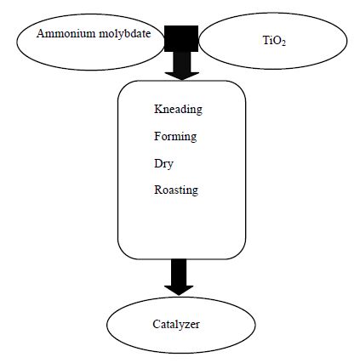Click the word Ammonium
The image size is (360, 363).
click(66, 34)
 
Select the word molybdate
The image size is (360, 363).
click(125, 34)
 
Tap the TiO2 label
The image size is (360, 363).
click(274, 41)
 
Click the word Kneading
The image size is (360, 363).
click(178, 110)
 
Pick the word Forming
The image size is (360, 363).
click(175, 137)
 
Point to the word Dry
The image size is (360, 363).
click(163, 164)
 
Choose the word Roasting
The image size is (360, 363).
click(176, 190)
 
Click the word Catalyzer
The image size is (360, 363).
click(176, 324)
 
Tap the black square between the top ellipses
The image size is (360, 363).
click(181, 38)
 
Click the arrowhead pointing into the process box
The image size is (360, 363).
click(182, 76)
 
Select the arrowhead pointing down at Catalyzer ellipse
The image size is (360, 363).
click(179, 290)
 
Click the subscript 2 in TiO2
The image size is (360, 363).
click(283, 43)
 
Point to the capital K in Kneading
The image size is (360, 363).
click(158, 109)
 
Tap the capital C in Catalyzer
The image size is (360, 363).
click(156, 324)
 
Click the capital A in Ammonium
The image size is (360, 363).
click(41, 33)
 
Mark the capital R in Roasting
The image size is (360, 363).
click(158, 190)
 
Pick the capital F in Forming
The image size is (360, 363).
click(157, 136)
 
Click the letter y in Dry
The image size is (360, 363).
click(170, 166)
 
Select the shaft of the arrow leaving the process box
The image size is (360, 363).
click(179, 272)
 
